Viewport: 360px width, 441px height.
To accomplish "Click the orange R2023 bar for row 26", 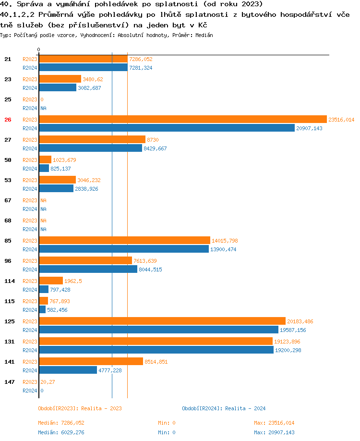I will tap(182, 120).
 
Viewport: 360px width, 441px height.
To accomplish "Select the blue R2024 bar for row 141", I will tap(68, 370).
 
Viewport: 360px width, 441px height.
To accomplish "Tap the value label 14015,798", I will tap(225, 241).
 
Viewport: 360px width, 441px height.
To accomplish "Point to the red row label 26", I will tap(8, 120).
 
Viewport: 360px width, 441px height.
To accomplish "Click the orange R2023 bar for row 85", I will tap(124, 241).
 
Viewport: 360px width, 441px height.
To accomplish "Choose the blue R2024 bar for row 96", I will tap(88, 269).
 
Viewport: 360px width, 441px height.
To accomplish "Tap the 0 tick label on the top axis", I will tap(39, 50).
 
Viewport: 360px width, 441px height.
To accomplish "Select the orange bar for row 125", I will tap(162, 321).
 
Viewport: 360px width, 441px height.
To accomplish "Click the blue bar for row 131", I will tap(156, 350).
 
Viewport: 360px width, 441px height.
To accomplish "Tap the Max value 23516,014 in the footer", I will tap(281, 423).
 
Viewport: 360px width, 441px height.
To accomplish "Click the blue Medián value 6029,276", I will tap(72, 432).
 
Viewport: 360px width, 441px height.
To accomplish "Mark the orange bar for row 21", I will tap(83, 59).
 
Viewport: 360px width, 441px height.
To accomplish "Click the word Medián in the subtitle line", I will tap(204, 35).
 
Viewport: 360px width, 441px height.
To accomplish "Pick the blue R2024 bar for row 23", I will tap(58, 88).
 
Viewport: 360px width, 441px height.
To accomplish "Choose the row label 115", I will tap(10, 301).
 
